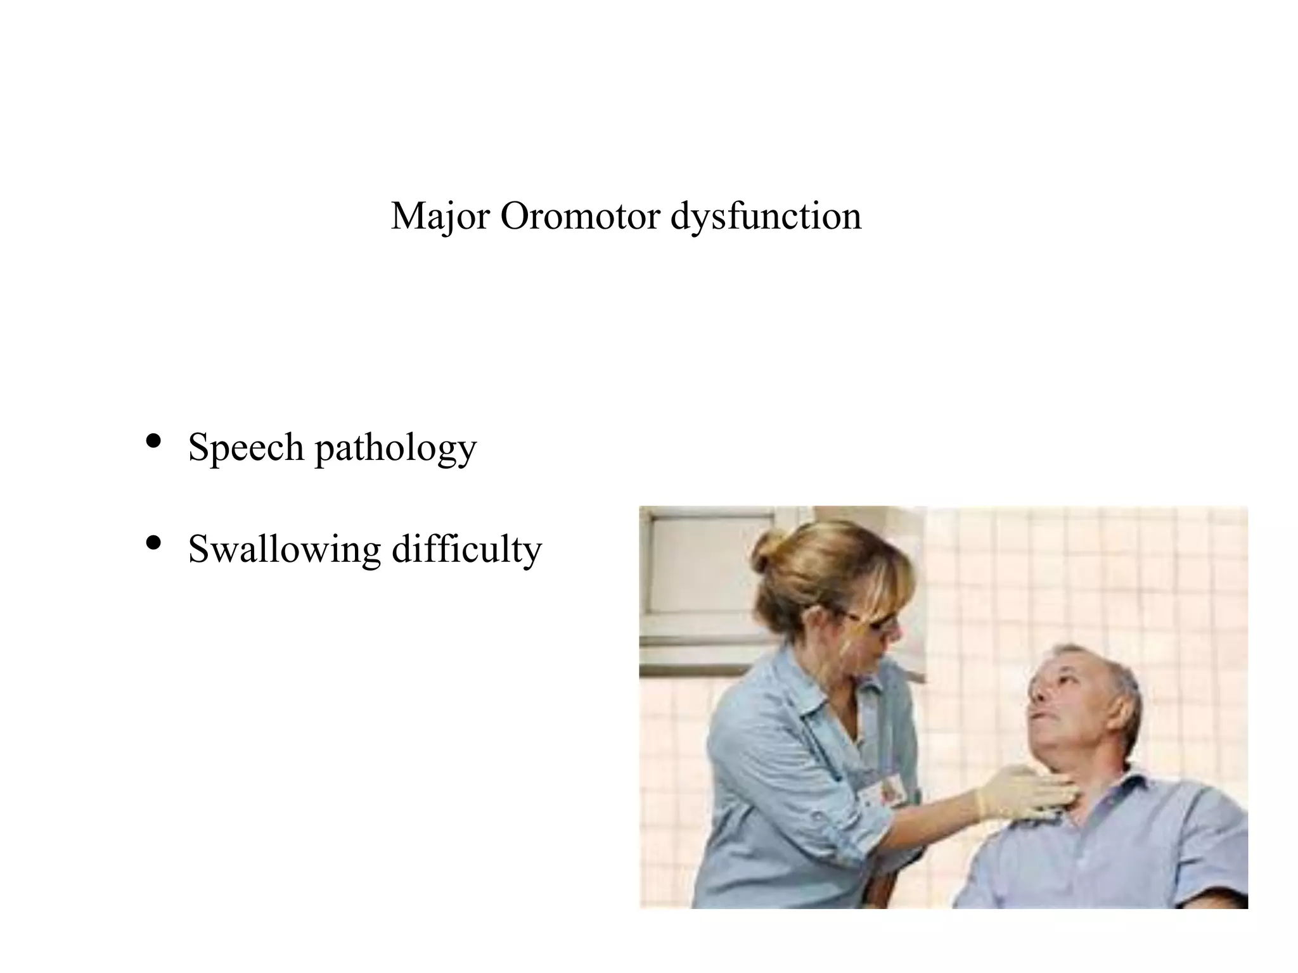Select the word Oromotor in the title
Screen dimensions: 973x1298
tap(580, 217)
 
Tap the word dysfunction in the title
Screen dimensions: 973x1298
tap(766, 217)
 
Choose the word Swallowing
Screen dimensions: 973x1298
tap(285, 549)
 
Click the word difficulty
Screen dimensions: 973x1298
tap(466, 549)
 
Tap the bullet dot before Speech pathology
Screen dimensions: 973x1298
tap(153, 441)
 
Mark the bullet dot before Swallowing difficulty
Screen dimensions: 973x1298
tap(153, 543)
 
